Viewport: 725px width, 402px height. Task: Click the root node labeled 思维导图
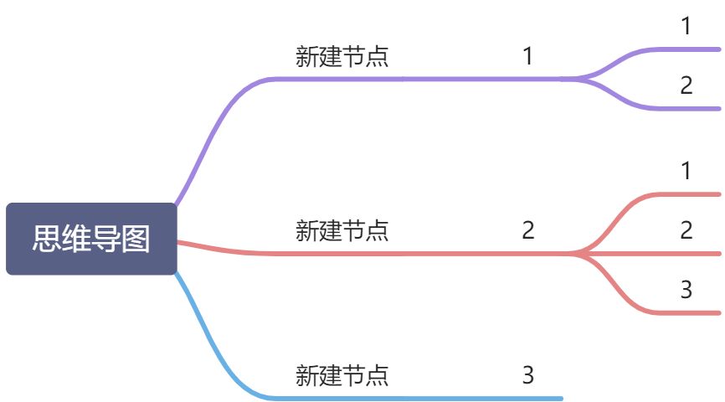91,239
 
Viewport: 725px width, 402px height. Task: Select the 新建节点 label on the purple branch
342,56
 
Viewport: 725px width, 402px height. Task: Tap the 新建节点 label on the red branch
342,230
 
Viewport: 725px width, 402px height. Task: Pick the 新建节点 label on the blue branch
342,375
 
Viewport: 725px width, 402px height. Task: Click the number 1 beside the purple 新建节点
528,56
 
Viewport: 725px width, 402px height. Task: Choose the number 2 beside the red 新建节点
528,230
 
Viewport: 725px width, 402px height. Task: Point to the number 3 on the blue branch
528,375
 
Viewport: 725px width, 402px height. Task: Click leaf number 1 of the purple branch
686,26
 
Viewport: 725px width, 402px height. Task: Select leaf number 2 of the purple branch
686,85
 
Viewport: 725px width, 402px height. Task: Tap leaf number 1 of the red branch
686,171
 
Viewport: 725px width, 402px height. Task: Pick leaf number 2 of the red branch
686,230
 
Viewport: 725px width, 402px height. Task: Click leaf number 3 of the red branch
686,290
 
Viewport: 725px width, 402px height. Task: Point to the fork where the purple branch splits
578,79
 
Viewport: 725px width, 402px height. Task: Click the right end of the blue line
561,399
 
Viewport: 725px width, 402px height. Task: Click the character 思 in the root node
47,239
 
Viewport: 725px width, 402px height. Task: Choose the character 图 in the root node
136,239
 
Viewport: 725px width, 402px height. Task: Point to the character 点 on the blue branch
377,375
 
